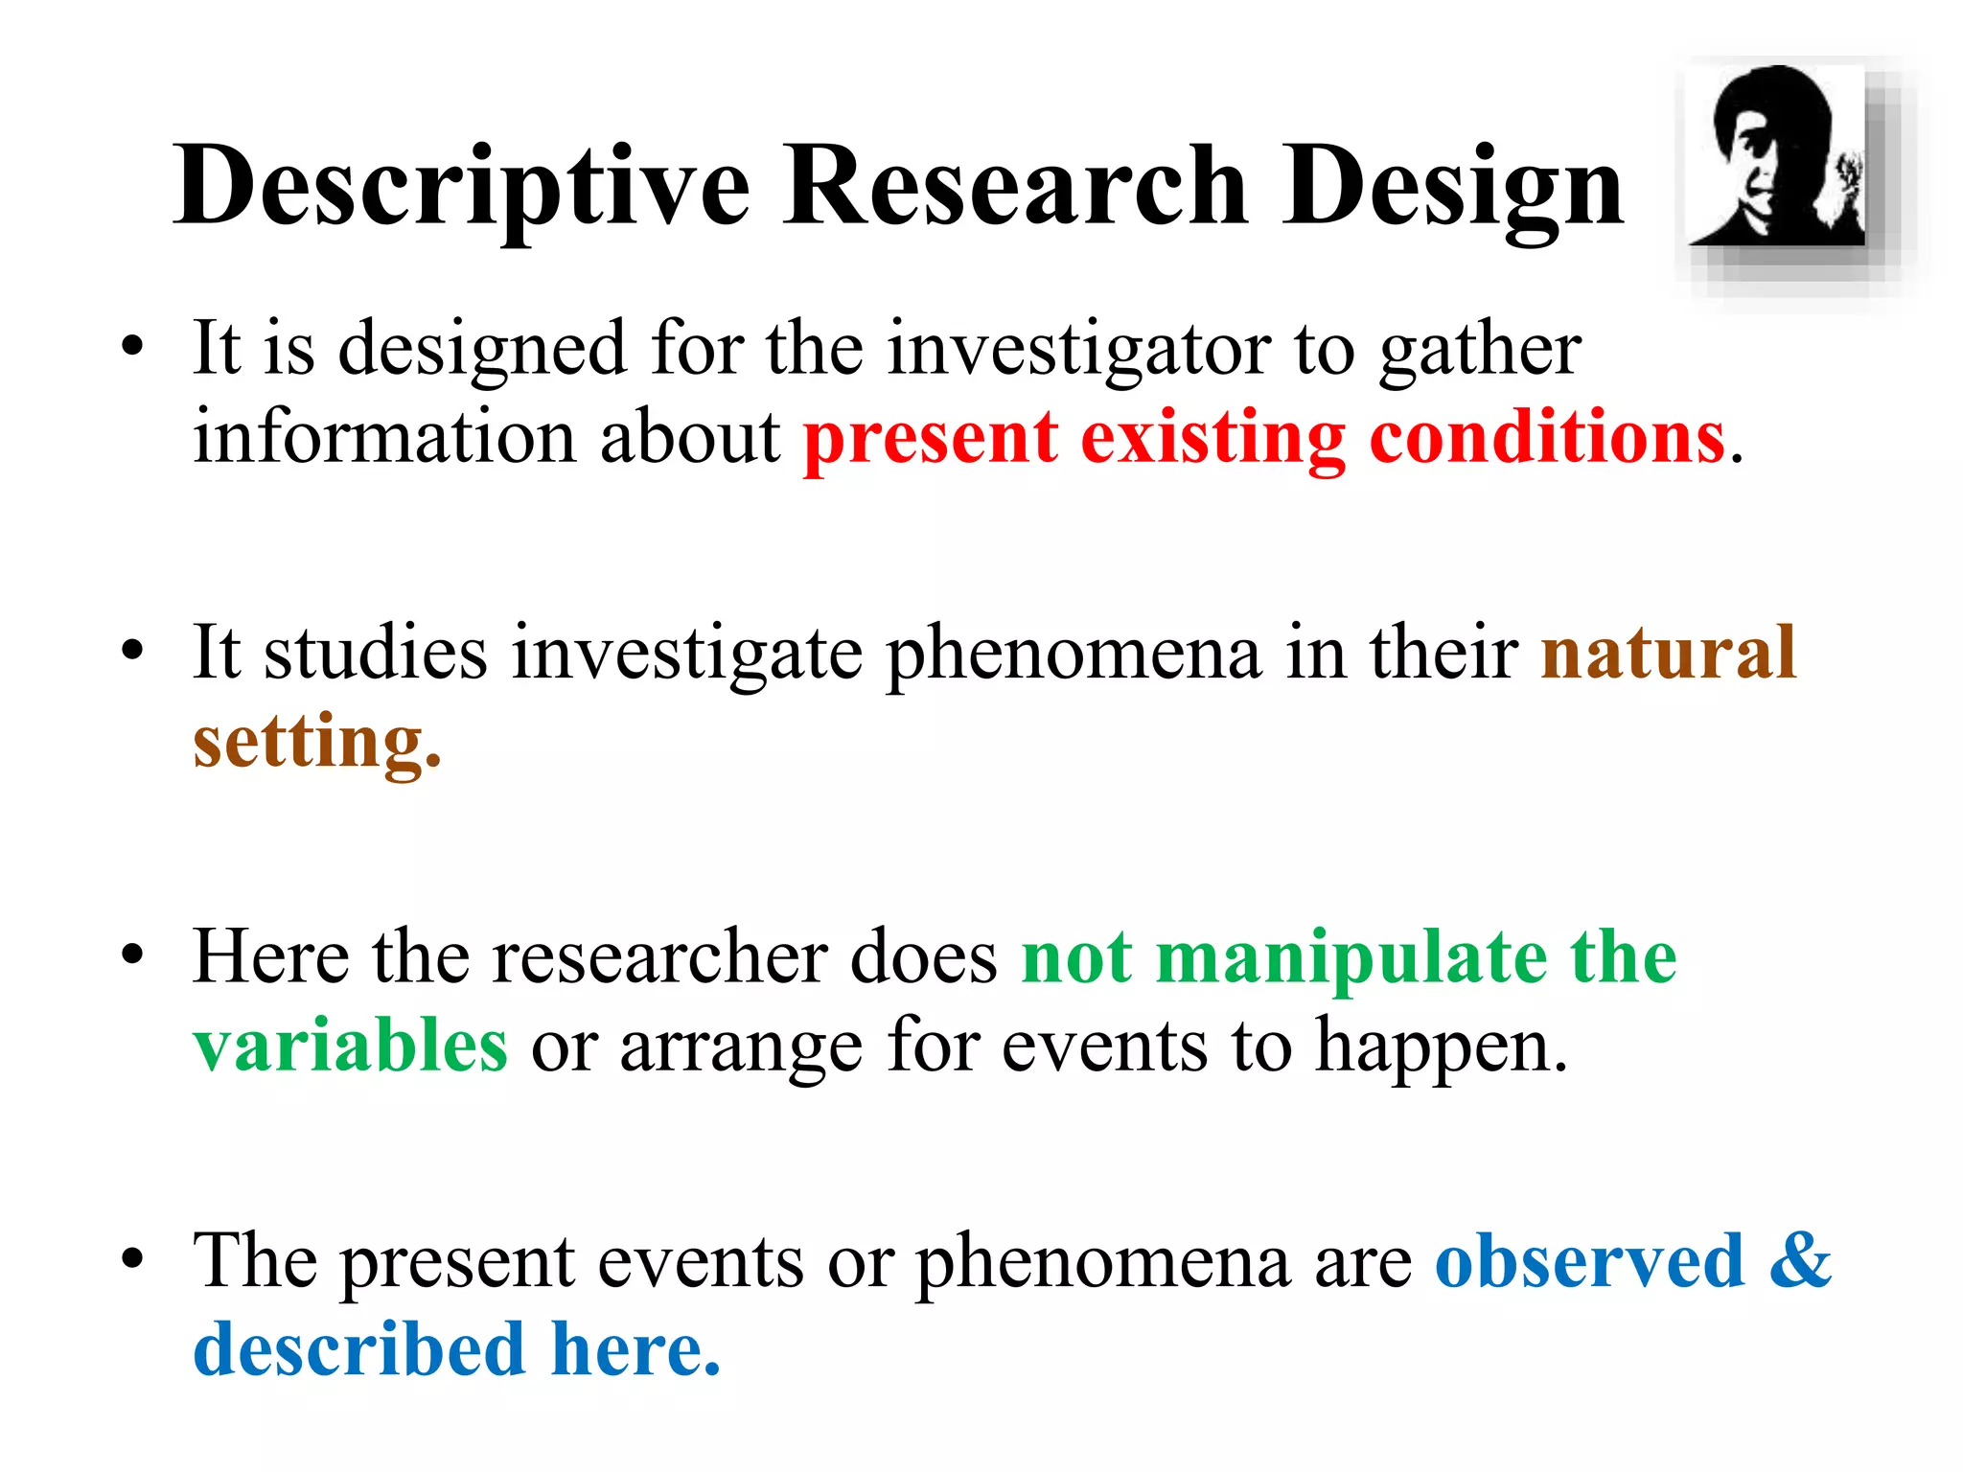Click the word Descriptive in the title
click(460, 187)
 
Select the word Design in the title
click(1452, 187)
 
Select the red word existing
click(1213, 439)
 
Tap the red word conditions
click(1547, 437)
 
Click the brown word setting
click(316, 744)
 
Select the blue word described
click(358, 1349)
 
